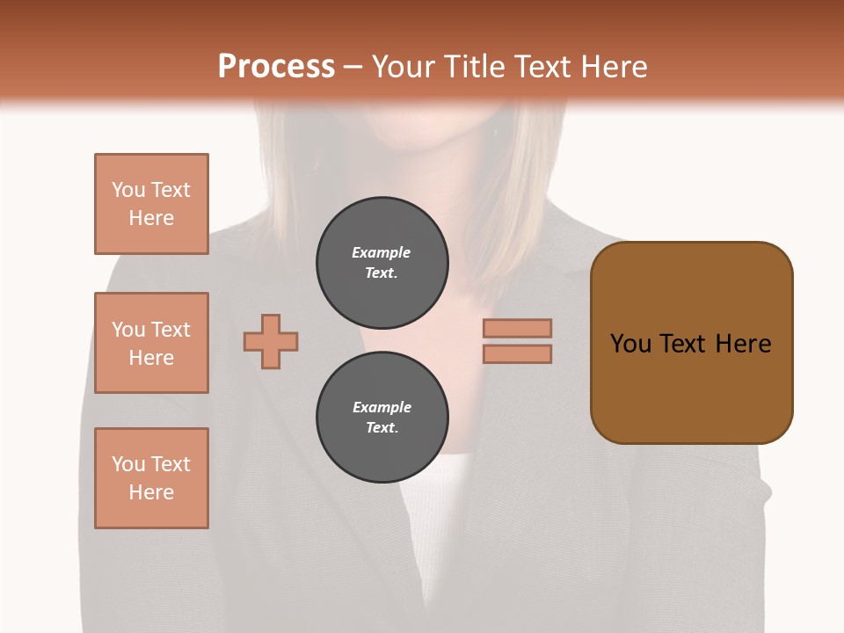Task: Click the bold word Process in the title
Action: [276, 67]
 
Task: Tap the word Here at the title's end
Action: [611, 67]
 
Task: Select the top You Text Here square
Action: [151, 204]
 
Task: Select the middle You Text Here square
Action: [151, 343]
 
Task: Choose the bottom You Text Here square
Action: [151, 478]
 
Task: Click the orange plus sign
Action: [271, 341]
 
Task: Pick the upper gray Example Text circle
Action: [382, 263]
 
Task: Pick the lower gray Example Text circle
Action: [382, 418]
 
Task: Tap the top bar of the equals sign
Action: [517, 328]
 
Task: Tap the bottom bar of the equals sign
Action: [517, 353]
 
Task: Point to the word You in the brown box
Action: [630, 343]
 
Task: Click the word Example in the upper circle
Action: [382, 252]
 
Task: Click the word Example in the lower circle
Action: [382, 407]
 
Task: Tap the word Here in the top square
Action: [151, 218]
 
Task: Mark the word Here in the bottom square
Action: [151, 492]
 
